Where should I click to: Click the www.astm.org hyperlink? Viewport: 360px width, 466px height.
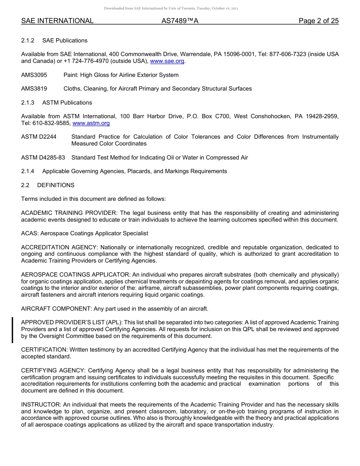click(91, 123)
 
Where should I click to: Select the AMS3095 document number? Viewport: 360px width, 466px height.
click(34, 75)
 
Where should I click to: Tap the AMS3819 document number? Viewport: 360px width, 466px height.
click(34, 89)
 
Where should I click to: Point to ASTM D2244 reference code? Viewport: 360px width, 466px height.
click(39, 137)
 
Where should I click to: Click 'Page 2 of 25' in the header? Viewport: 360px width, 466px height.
click(318, 21)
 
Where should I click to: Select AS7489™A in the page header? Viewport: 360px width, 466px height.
click(180, 21)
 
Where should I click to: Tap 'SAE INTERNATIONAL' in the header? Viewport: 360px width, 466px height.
click(57, 21)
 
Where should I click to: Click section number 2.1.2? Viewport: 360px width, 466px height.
click(28, 41)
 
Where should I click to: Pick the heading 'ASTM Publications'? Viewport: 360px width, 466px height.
click(67, 103)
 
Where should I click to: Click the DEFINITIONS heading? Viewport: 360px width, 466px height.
click(56, 185)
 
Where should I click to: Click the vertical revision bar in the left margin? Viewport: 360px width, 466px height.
click(13, 330)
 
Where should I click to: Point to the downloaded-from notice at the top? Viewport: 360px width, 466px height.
click(171, 8)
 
